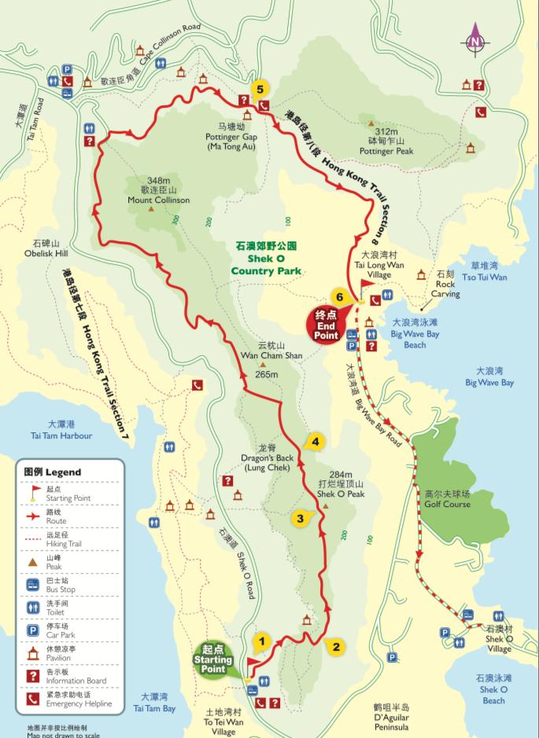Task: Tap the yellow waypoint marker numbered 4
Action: pos(315,442)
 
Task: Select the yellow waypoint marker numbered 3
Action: pos(300,518)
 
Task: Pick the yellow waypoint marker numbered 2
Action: pos(335,647)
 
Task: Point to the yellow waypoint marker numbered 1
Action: pos(262,641)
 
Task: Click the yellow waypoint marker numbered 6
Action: pos(339,297)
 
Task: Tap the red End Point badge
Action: pos(326,324)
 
